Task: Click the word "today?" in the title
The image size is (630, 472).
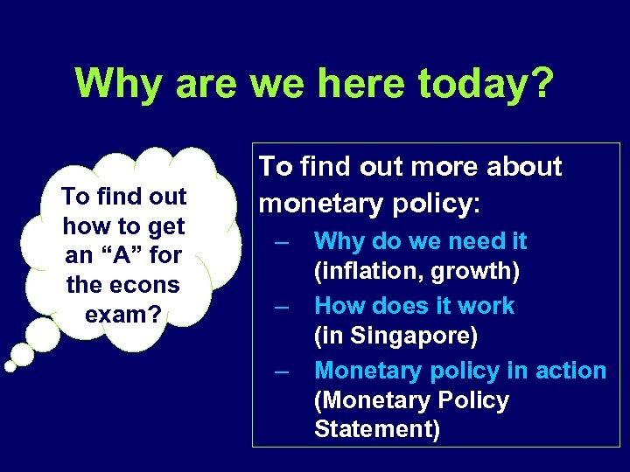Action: (x=486, y=83)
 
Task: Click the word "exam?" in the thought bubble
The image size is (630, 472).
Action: (x=123, y=314)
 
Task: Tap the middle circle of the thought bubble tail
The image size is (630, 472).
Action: (x=23, y=354)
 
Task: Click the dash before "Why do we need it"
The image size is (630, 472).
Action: (x=280, y=243)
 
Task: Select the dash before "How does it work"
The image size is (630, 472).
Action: (x=280, y=308)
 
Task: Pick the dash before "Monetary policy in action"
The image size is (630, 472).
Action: (x=280, y=372)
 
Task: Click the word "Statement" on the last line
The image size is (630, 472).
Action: (x=373, y=430)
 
